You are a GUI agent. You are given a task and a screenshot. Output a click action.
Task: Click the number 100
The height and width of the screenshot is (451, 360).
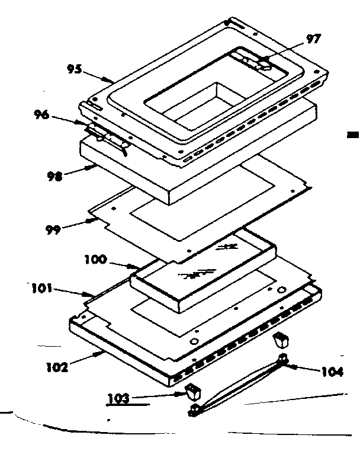(x=95, y=259)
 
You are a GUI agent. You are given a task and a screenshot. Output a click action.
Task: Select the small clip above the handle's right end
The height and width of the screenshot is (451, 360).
(x=281, y=341)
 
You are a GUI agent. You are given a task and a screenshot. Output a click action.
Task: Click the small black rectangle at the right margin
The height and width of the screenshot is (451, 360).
(x=353, y=136)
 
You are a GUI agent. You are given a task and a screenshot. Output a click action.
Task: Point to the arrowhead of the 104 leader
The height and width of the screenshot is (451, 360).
(x=289, y=366)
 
